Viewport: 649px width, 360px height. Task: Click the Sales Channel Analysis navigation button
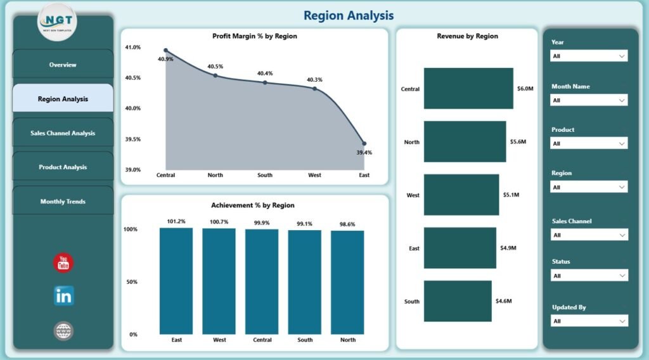(x=63, y=133)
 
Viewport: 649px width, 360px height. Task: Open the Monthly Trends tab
(x=63, y=202)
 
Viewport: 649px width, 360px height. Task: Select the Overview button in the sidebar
(x=63, y=65)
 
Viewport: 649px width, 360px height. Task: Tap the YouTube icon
(x=63, y=263)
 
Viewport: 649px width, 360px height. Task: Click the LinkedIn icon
(x=63, y=296)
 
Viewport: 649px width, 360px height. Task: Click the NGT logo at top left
(x=58, y=22)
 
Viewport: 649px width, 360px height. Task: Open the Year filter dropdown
(x=588, y=56)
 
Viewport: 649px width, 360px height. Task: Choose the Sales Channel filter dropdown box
(x=588, y=235)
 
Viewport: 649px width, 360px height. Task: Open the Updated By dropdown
(x=588, y=321)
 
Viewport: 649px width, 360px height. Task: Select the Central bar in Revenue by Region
(x=468, y=89)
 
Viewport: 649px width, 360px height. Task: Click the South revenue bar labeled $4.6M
(x=457, y=300)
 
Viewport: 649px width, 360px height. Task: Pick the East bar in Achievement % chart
(x=176, y=281)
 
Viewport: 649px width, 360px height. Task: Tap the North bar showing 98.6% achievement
(x=347, y=282)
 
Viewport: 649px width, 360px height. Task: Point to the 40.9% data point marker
(x=166, y=50)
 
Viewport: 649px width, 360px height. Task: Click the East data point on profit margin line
(x=364, y=143)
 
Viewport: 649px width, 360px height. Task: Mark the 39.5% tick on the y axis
(x=133, y=139)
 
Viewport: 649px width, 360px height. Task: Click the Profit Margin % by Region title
(x=254, y=36)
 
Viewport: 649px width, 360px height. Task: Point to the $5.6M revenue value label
(x=518, y=142)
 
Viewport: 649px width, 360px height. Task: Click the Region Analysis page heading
(x=349, y=15)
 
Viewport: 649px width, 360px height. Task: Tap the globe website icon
(x=63, y=330)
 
